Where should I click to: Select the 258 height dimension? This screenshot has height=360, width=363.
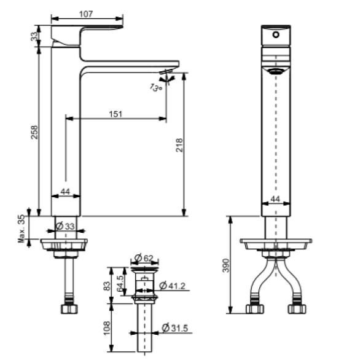pos(35,132)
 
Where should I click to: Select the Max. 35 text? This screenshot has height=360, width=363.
pos(21,228)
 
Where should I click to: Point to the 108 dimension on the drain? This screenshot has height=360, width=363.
pos(106,326)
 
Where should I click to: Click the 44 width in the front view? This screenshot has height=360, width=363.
pos(275,199)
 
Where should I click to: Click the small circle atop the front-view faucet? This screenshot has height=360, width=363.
pos(275,35)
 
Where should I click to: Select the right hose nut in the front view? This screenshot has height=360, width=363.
pos(297,309)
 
